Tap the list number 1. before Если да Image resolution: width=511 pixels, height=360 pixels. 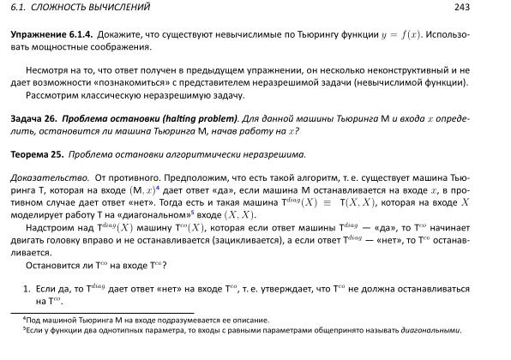27,289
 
